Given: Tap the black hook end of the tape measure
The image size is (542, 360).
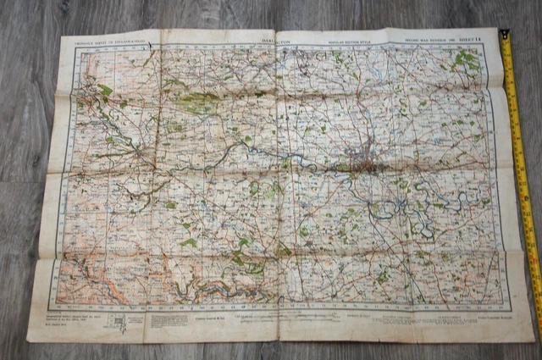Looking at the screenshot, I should click(x=504, y=36).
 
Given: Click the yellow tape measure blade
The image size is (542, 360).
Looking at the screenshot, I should click(x=521, y=169).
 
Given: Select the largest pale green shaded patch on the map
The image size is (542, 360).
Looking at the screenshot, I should click(x=196, y=104).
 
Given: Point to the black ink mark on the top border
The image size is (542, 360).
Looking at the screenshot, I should click(x=149, y=37).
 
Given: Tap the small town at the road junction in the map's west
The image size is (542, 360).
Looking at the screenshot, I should click(x=138, y=153).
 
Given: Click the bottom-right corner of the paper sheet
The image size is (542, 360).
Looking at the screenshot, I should click(x=531, y=336).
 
